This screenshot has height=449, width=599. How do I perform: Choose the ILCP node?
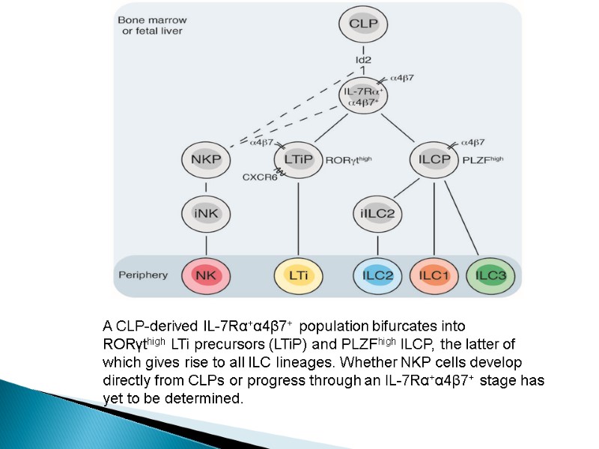pyautogui.click(x=434, y=159)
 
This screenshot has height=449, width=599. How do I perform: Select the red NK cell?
pyautogui.click(x=204, y=275)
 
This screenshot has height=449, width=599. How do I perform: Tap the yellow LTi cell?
pyautogui.click(x=299, y=275)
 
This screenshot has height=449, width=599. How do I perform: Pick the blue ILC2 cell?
pyautogui.click(x=377, y=275)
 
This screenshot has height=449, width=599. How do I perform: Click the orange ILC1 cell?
pyautogui.click(x=434, y=275)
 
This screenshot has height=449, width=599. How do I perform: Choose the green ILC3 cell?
pyautogui.click(x=490, y=275)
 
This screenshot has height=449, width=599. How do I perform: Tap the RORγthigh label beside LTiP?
pyautogui.click(x=349, y=159)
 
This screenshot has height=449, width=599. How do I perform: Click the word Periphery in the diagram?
pyautogui.click(x=143, y=275)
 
